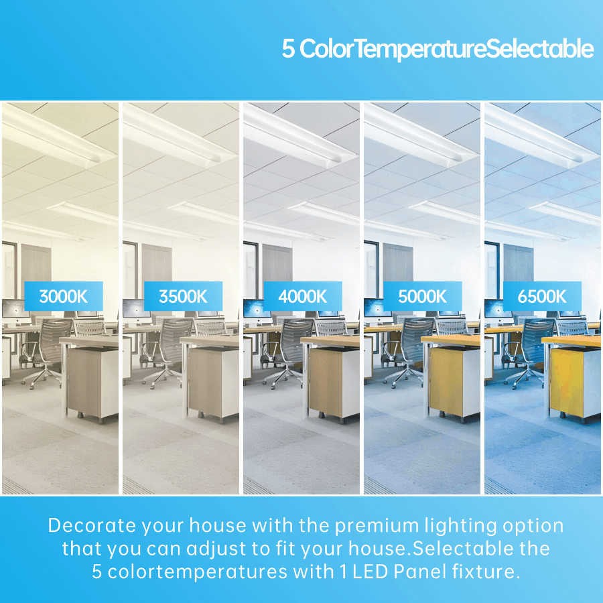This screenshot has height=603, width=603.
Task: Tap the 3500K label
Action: coord(183,296)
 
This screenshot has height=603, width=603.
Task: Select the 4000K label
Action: coord(303,296)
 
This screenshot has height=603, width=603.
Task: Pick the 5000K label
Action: coord(422,296)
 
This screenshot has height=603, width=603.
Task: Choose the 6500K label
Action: coord(542,296)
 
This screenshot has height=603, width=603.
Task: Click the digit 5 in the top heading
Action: coord(288,49)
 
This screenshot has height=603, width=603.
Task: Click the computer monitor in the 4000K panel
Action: coord(257,309)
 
